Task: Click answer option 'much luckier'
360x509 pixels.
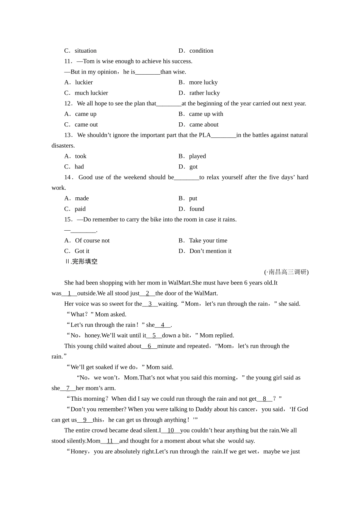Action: [91, 93]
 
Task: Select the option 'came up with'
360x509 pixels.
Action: [206, 114]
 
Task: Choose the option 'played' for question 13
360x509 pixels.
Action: [197, 156]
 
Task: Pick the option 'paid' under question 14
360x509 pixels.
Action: [80, 209]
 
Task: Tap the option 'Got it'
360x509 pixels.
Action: [82, 251]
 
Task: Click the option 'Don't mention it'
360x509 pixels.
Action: [210, 251]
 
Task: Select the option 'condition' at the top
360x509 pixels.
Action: [201, 51]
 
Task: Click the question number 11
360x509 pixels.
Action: [68, 61]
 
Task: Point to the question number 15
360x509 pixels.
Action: [68, 219]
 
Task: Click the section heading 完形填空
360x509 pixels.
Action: [85, 262]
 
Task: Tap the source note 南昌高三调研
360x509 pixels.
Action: [287, 272]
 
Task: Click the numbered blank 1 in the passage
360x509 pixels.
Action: [69, 293]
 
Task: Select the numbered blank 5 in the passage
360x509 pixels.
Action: [154, 335]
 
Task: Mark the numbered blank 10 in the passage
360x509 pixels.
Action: [171, 430]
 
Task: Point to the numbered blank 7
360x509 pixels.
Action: [68, 388]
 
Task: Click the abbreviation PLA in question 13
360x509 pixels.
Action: [205, 135]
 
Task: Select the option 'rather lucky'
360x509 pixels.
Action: [204, 93]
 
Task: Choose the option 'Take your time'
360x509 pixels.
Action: [208, 240]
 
